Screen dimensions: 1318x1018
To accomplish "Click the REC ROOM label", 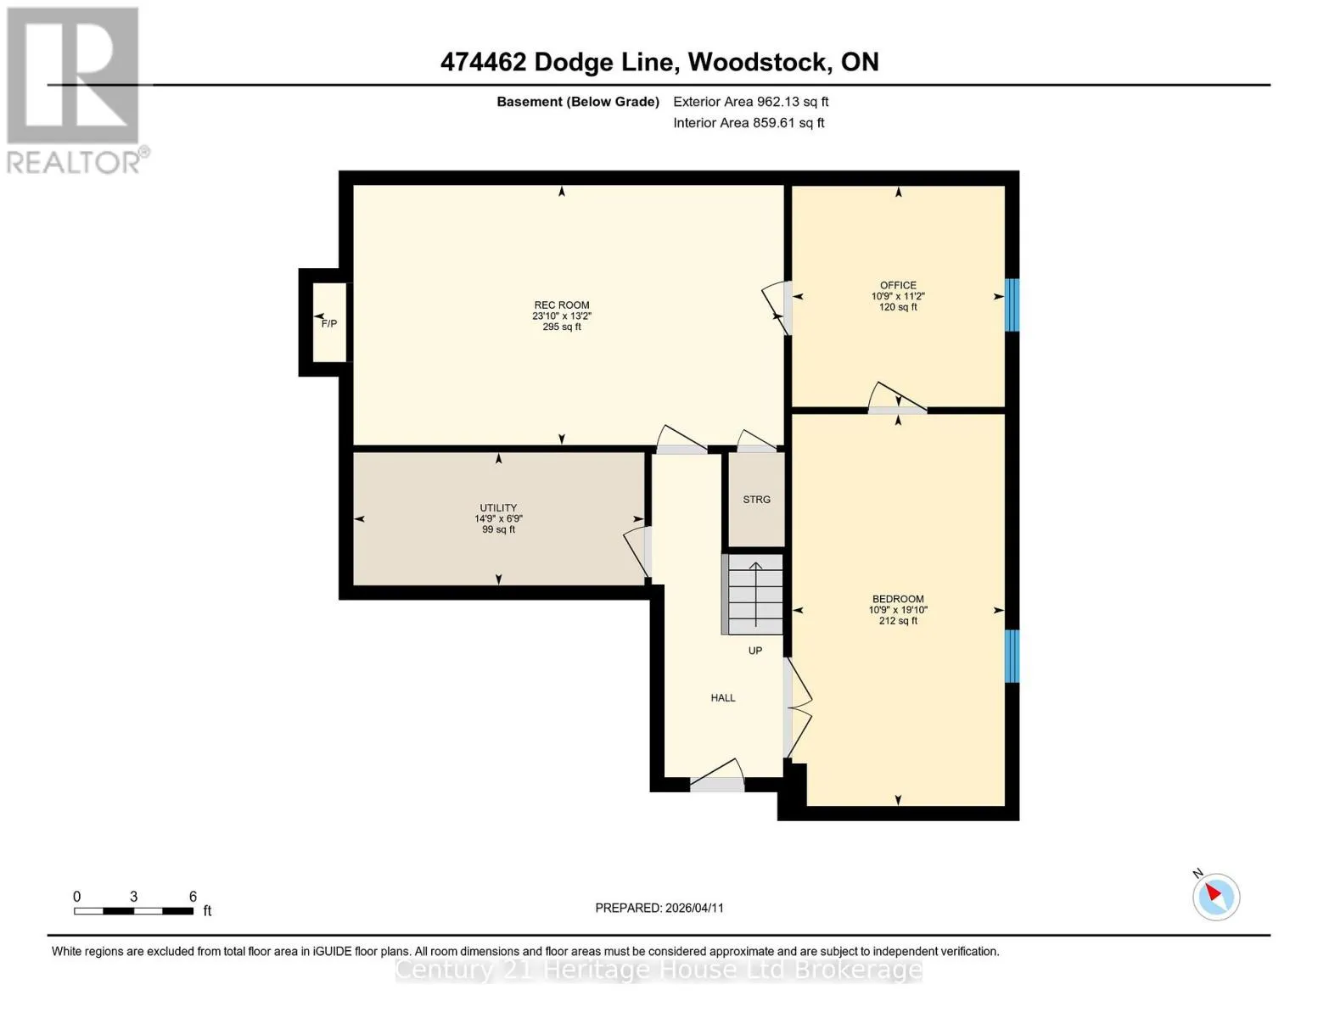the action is point(562,305).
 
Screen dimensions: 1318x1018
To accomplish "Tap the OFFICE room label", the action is point(898,285).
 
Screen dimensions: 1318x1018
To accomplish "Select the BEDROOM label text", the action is point(898,599).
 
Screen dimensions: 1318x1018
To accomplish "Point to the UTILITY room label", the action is point(498,508).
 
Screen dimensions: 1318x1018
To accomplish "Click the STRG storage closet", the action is point(756,500).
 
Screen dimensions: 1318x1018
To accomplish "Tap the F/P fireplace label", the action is point(328,324).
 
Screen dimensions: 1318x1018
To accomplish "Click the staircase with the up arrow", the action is point(755,594).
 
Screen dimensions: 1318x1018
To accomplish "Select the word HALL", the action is point(722,698).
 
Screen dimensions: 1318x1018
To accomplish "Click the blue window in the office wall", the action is point(1012,305).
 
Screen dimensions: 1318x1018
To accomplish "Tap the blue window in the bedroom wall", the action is point(1012,656).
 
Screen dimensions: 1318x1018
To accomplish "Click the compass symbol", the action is point(1215,897).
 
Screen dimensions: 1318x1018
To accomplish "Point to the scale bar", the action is point(133,910).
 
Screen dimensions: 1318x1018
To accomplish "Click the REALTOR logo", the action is point(76,91).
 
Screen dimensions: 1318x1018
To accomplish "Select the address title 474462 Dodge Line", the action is point(557,62).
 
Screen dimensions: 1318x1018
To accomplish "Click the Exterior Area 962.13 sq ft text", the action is point(750,102).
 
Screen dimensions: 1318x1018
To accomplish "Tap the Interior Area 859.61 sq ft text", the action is point(749,123).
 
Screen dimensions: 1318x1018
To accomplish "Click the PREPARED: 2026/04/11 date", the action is point(659,909).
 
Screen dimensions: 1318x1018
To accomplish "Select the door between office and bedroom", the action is point(897,411).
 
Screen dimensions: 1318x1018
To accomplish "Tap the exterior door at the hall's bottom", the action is point(717,784).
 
